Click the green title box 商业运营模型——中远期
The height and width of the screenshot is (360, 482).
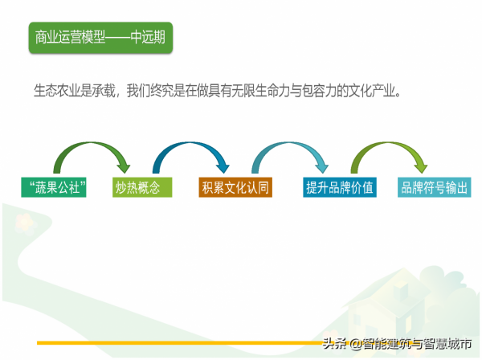101,38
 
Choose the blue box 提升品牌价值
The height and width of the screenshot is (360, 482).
339,188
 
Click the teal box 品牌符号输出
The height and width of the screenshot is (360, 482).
434,188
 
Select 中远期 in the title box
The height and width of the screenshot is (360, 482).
149,38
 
